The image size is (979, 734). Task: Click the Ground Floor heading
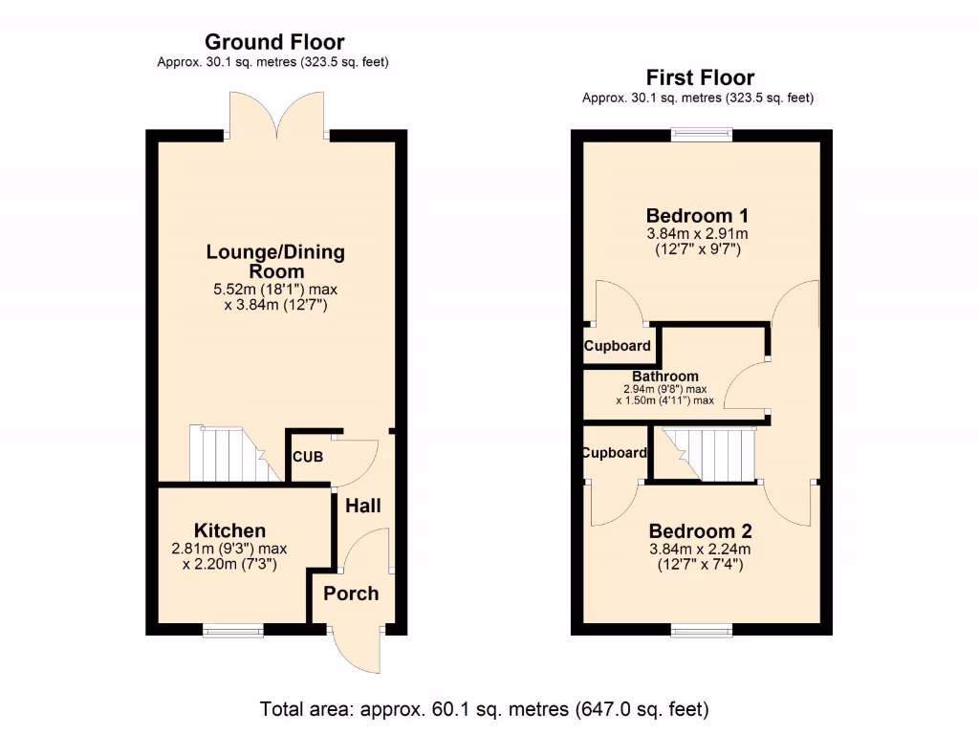tap(274, 42)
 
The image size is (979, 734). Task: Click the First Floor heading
tap(700, 78)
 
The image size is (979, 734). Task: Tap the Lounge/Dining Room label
tap(275, 262)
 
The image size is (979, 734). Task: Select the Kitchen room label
tap(229, 530)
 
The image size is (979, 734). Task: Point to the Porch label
tap(350, 594)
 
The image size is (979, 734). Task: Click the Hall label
tap(362, 505)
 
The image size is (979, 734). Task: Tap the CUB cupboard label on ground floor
tap(308, 457)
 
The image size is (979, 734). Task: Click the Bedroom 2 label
tap(700, 531)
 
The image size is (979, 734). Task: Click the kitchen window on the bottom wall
tap(232, 629)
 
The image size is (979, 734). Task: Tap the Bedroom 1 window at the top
tap(702, 135)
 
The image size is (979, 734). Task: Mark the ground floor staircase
tap(227, 454)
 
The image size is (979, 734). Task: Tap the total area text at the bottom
tap(485, 710)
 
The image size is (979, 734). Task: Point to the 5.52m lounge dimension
tap(274, 289)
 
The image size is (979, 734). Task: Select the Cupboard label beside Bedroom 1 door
tap(618, 346)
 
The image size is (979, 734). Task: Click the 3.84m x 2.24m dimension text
tap(700, 550)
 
